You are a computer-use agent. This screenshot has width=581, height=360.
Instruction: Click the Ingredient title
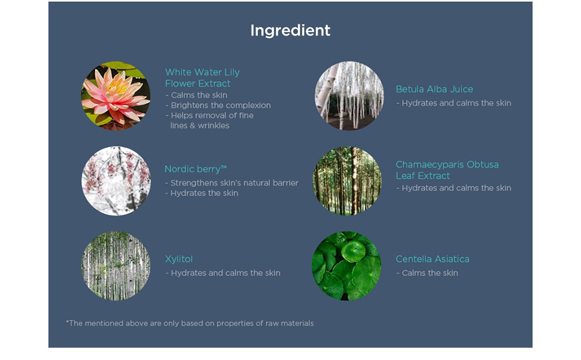pyautogui.click(x=290, y=31)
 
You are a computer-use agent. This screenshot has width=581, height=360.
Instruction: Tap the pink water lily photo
pyautogui.click(x=116, y=96)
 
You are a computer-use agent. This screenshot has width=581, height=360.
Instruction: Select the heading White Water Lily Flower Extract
pyautogui.click(x=202, y=78)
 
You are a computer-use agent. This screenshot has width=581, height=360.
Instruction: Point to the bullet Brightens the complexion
pyautogui.click(x=218, y=105)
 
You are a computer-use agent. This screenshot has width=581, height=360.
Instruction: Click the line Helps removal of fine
pyautogui.click(x=210, y=115)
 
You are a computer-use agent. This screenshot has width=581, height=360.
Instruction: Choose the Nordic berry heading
pyautogui.click(x=196, y=169)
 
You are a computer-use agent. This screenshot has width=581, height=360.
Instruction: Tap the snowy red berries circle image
pyautogui.click(x=116, y=181)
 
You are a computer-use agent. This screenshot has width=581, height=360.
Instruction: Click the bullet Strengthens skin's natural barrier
pyautogui.click(x=232, y=183)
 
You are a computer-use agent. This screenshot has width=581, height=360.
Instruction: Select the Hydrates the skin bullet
pyautogui.click(x=201, y=194)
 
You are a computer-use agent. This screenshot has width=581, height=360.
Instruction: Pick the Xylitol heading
pyautogui.click(x=179, y=259)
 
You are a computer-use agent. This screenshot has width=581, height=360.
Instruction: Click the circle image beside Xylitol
pyautogui.click(x=116, y=266)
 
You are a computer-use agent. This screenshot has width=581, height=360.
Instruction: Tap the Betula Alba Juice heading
pyautogui.click(x=434, y=89)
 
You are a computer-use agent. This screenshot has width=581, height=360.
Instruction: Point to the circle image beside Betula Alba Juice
pyautogui.click(x=349, y=96)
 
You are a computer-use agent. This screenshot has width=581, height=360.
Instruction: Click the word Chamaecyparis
pyautogui.click(x=429, y=165)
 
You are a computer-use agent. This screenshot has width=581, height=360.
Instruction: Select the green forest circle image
pyautogui.click(x=347, y=181)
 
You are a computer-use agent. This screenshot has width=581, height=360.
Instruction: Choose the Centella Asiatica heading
pyautogui.click(x=433, y=259)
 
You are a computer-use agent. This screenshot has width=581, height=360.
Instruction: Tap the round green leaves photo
pyautogui.click(x=347, y=266)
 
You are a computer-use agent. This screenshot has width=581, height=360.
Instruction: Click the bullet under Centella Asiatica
pyautogui.click(x=427, y=273)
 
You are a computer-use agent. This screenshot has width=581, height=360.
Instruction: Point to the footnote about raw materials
pyautogui.click(x=190, y=323)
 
